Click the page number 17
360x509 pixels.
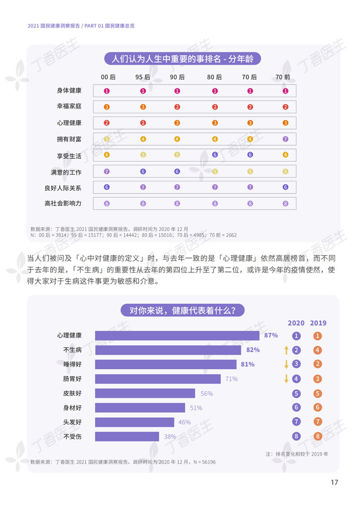334,483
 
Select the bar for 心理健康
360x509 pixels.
177,336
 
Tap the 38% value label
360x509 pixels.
170,436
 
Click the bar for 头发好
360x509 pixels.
135,422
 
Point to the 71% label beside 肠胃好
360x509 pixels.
231,379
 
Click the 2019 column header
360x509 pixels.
318,323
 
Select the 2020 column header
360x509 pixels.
296,323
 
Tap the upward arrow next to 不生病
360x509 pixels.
286,350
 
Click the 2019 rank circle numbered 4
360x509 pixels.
318,350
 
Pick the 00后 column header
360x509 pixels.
108,77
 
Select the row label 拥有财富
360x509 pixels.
69,139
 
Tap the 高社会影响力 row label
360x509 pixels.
63,203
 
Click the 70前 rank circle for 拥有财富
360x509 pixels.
286,139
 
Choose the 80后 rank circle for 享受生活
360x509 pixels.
215,155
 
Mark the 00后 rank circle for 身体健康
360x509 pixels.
107,91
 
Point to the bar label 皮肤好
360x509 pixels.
72,393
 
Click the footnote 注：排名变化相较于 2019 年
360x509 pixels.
297,454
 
